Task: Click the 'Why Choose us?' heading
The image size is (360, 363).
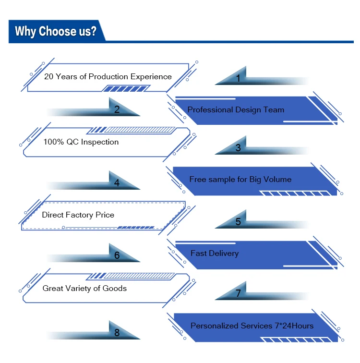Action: point(55,32)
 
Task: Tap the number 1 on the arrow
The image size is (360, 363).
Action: point(238,79)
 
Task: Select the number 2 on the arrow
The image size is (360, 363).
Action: point(117,109)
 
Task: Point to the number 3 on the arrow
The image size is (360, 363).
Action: point(238,148)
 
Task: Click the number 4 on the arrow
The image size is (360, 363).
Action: point(117,183)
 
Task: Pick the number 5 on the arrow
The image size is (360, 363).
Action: point(238,222)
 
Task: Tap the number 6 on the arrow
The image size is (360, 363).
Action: point(117,256)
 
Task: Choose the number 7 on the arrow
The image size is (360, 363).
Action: point(238,293)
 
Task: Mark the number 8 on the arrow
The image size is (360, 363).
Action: point(117,332)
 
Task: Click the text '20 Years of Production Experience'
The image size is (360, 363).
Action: point(108,76)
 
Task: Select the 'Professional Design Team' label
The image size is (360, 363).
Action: point(236,109)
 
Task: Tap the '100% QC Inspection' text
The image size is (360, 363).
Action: point(81,142)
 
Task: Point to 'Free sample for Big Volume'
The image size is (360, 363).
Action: point(240,179)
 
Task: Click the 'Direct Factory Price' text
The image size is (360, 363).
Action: point(78,215)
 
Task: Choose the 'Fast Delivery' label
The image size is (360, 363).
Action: point(214,253)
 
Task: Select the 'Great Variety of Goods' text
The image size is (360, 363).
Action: point(84,288)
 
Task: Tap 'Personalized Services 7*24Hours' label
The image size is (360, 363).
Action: point(252,326)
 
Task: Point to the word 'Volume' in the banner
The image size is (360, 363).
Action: point(277,179)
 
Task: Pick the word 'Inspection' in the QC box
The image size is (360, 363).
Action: point(99,142)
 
